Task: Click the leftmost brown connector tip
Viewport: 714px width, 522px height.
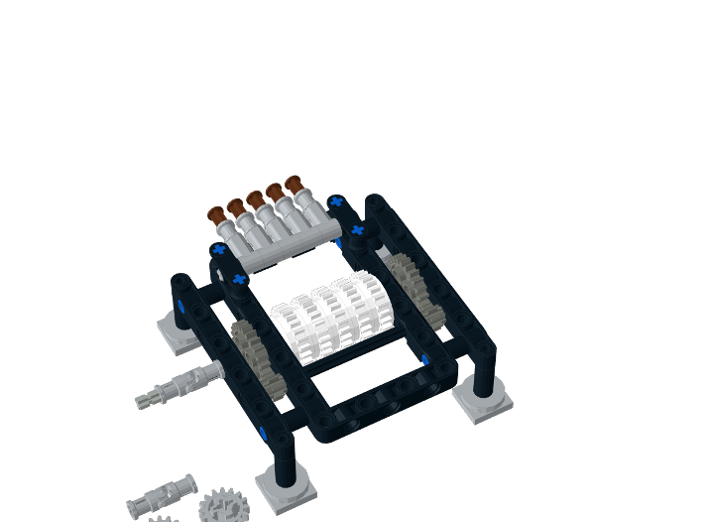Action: (x=216, y=213)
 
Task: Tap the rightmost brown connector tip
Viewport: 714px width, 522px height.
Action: (x=294, y=184)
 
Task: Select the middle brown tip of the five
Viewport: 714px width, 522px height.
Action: (x=255, y=198)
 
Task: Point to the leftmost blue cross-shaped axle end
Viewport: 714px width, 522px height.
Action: (x=218, y=249)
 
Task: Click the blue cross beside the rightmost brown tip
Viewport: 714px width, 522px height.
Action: (x=336, y=201)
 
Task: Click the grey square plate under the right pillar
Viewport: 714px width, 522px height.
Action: (x=483, y=399)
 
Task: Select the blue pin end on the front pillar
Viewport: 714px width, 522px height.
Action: (x=265, y=432)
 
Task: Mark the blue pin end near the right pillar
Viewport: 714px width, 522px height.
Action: (x=424, y=359)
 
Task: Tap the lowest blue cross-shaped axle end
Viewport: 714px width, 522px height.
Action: (x=239, y=280)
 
